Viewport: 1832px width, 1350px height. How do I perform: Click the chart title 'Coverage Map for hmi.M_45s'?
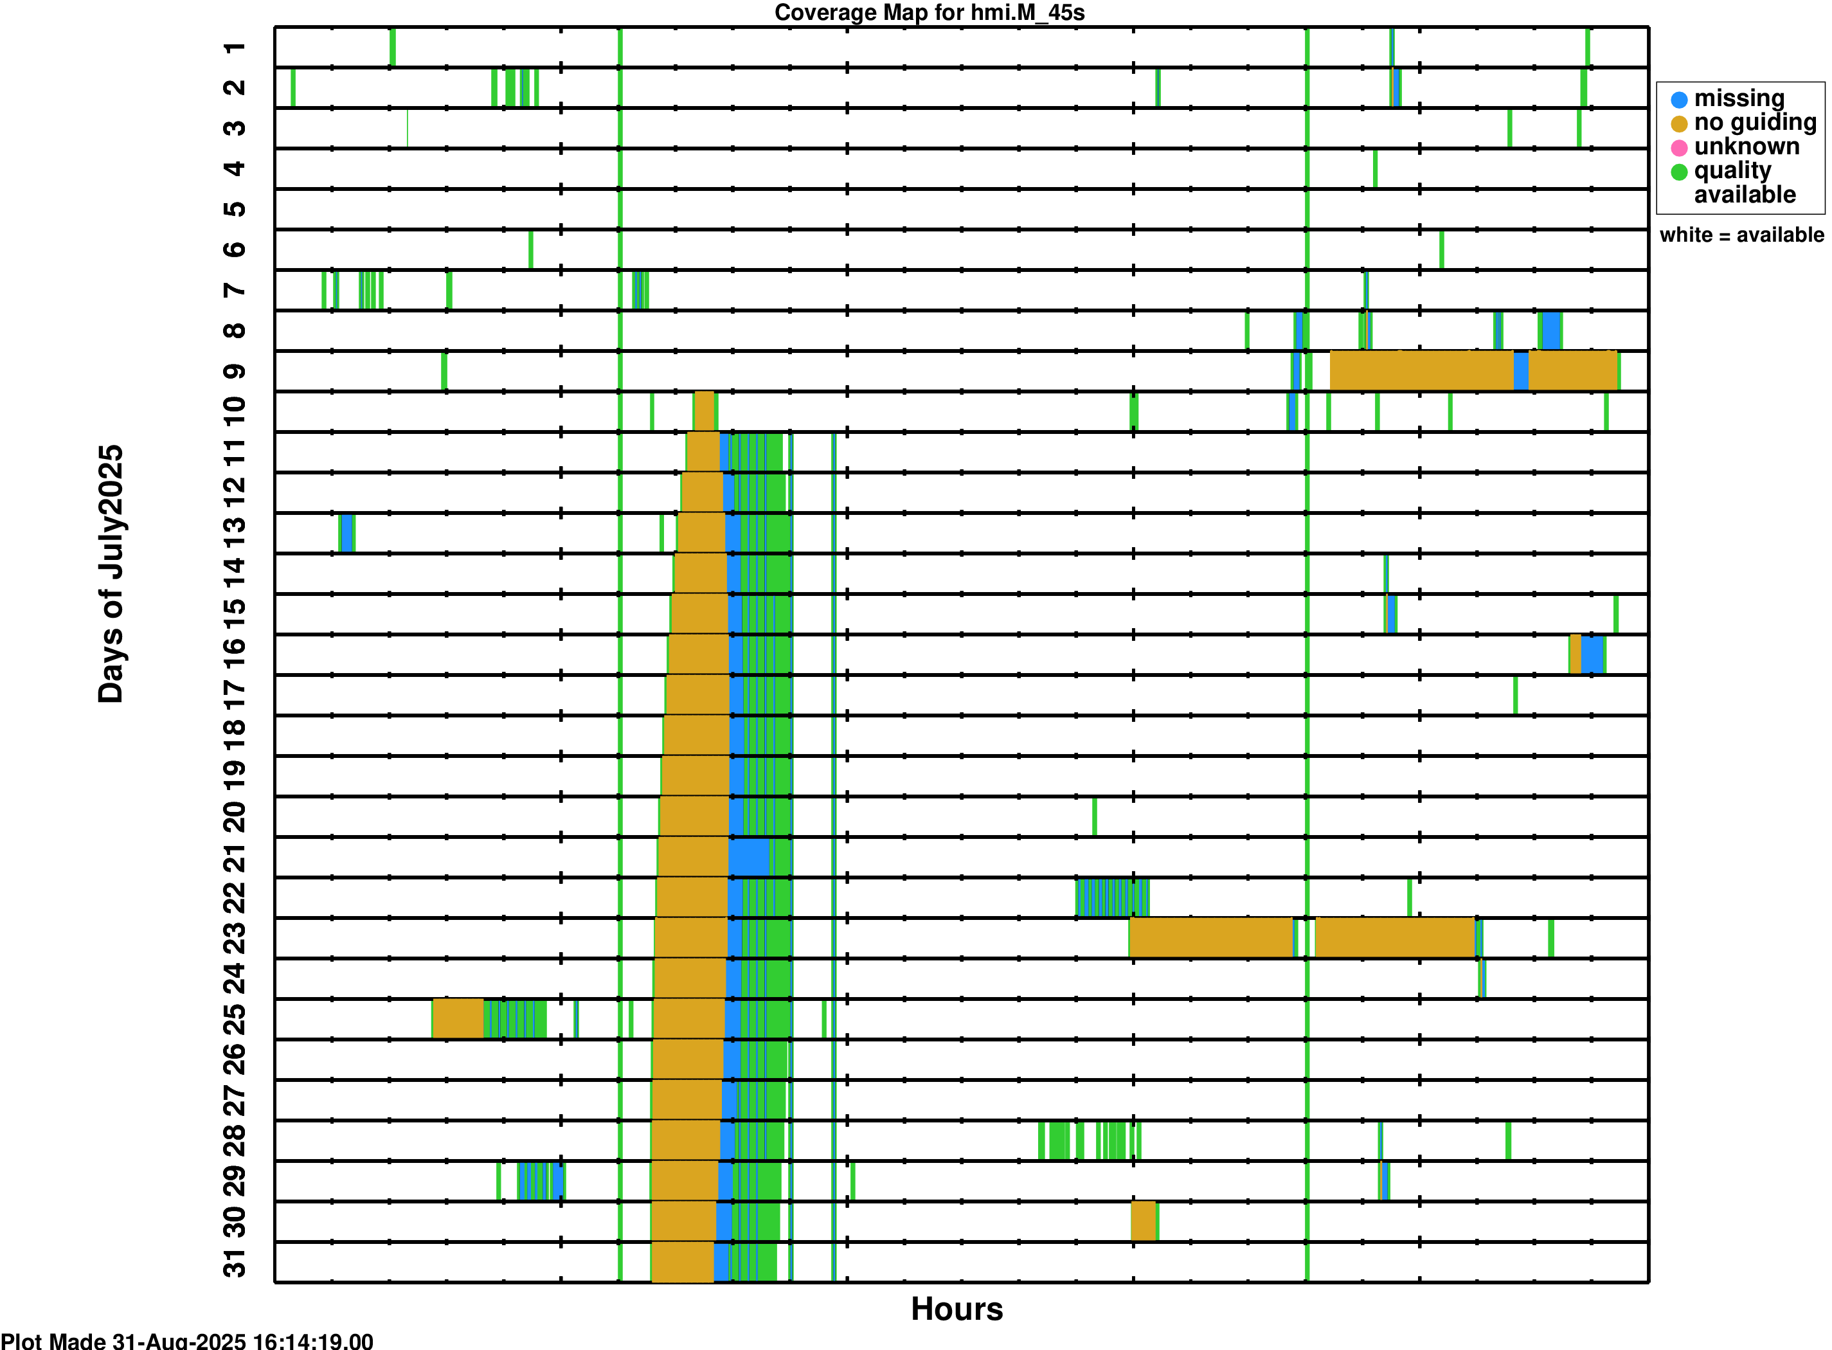(x=929, y=13)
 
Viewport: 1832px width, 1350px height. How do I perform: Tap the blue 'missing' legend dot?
(x=1679, y=100)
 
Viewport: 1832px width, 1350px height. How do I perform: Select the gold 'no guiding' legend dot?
(x=1679, y=124)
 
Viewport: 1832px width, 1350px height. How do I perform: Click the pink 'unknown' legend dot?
(x=1679, y=148)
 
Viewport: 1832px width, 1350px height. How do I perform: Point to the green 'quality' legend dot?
(x=1679, y=172)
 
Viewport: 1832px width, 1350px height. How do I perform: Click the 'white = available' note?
(x=1741, y=235)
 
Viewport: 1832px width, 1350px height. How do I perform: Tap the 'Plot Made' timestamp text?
(x=187, y=1341)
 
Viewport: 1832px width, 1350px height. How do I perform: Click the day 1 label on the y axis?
(x=235, y=48)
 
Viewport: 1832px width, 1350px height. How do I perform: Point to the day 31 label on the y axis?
(x=235, y=1263)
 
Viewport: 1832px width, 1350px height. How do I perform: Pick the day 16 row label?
(x=235, y=654)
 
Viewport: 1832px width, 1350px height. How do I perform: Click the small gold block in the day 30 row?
(x=1143, y=1221)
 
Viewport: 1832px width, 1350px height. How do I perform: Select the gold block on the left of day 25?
(x=458, y=1018)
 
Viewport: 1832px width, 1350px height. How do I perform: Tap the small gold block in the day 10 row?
(x=703, y=411)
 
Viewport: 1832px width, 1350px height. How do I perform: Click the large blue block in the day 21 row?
(x=748, y=857)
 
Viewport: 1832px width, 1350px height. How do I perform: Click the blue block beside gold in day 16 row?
(x=1592, y=654)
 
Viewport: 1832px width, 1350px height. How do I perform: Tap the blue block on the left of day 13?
(x=347, y=533)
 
